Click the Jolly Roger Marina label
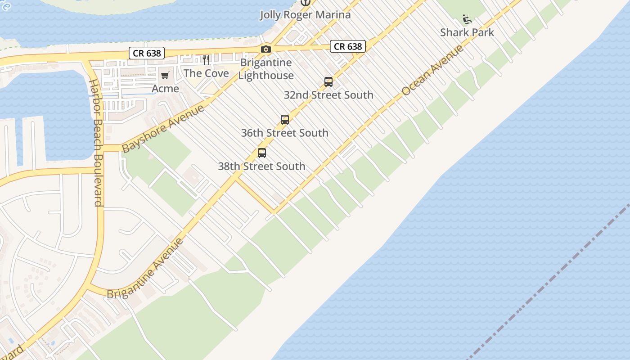point(305,15)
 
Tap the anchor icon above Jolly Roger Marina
point(306,2)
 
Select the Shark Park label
point(467,32)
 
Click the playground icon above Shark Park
point(467,19)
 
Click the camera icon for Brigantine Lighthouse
point(266,49)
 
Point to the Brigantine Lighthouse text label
point(266,69)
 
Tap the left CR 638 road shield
point(147,53)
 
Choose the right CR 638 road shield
point(348,46)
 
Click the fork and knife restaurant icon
point(206,59)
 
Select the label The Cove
point(206,73)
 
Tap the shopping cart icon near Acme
point(165,75)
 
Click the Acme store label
point(165,89)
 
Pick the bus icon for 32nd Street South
point(328,82)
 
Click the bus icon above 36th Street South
point(285,120)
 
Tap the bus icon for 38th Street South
point(262,153)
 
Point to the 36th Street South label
point(284,133)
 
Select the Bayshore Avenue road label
point(163,128)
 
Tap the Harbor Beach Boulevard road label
point(96,143)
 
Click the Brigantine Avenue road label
point(145,269)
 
